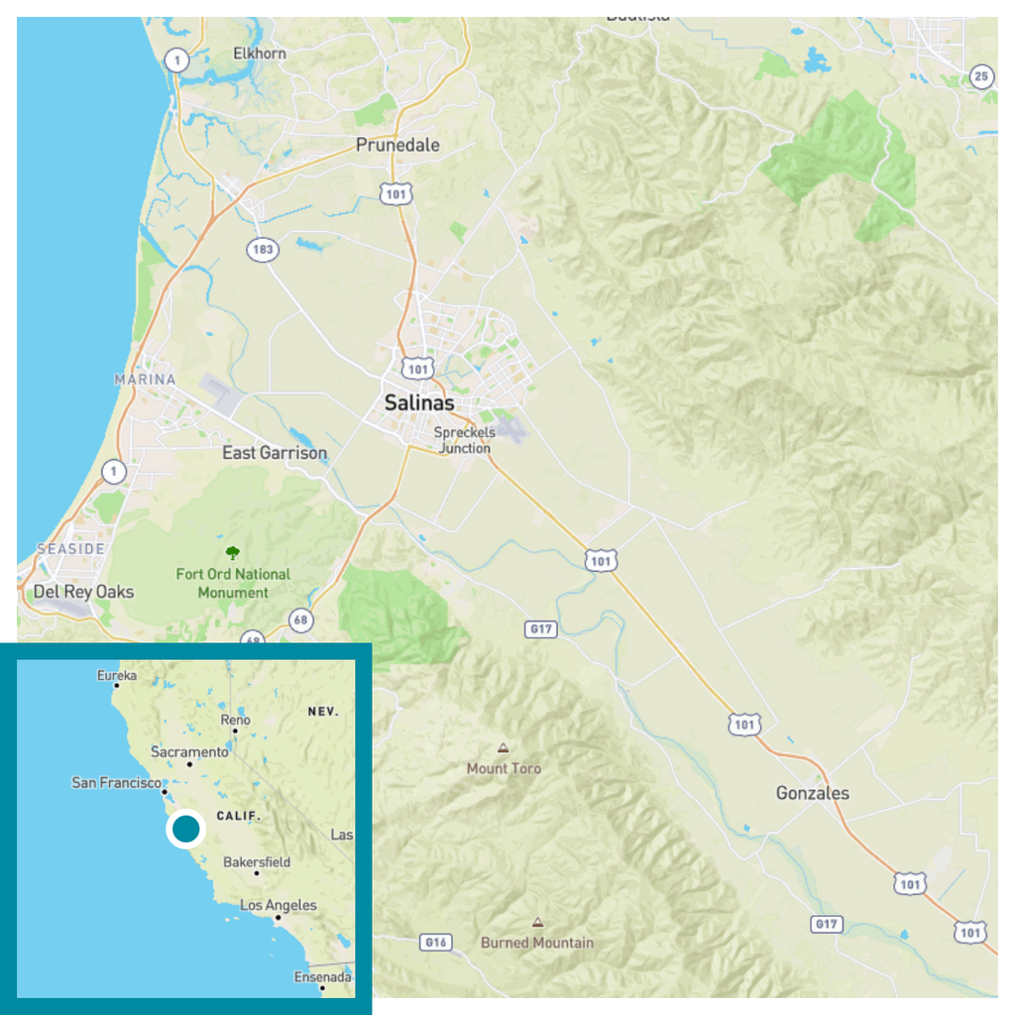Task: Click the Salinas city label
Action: coord(419,403)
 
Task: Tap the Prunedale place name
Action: coord(397,145)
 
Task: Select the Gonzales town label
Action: coord(812,793)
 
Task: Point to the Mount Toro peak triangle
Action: coord(504,748)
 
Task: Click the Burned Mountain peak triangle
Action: coord(537,922)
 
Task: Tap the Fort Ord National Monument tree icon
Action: coord(233,552)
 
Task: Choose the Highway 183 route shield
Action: coord(263,250)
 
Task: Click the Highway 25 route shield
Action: coord(981,75)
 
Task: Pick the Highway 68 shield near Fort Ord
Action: coord(301,620)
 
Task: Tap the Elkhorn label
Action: coord(260,54)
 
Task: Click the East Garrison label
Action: coord(275,453)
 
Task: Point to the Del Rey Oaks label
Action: coord(83,592)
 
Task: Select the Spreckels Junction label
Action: coord(465,440)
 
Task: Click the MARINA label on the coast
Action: coord(145,380)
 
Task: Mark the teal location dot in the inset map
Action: coord(185,829)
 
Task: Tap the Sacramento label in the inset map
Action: coord(189,752)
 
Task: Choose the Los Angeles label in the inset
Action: coord(279,905)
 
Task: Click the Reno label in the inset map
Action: coord(236,720)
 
